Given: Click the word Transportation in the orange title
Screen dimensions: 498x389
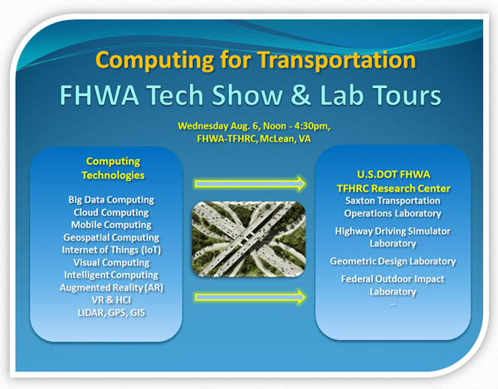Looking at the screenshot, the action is [x=336, y=60].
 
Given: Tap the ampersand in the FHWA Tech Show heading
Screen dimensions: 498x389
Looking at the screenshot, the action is [x=300, y=95].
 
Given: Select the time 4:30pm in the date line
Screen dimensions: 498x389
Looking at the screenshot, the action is [x=311, y=126].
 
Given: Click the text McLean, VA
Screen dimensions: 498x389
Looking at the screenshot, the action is [x=286, y=139].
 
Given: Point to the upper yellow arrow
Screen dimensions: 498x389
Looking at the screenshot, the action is [x=251, y=183].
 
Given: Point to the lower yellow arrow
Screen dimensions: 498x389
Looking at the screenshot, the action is [x=251, y=297].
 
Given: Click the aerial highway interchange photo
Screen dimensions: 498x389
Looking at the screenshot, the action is [x=249, y=239].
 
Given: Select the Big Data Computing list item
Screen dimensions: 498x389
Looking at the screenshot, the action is [x=111, y=200].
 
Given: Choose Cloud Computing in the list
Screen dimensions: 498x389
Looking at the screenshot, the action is [x=111, y=212].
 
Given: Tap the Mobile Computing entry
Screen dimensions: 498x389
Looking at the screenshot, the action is [x=111, y=225].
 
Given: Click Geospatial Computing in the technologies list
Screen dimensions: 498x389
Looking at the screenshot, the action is [x=111, y=238].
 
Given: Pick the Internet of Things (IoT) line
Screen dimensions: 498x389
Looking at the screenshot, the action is [x=111, y=250].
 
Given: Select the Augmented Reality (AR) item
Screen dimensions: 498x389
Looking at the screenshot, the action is [x=111, y=288].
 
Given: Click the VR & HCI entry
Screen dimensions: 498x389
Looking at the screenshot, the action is [x=111, y=300].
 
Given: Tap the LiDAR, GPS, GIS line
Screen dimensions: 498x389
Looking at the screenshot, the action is [x=111, y=313].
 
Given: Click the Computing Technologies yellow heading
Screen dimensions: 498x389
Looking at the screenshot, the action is [x=113, y=168].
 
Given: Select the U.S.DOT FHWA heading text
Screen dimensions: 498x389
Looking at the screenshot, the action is [x=393, y=174].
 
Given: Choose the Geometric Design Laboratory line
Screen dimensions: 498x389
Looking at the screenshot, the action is [x=393, y=261].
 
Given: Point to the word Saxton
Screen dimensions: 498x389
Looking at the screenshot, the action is [x=360, y=201].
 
